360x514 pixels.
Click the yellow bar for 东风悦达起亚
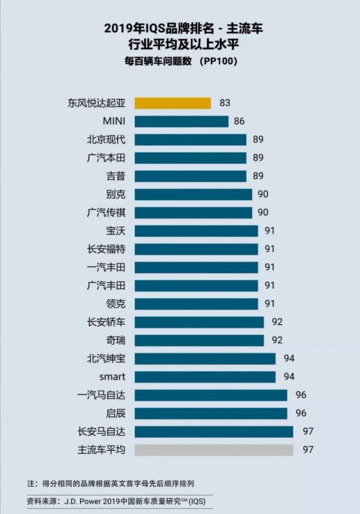(172, 103)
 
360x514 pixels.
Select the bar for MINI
(181, 121)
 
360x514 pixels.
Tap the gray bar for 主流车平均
(213, 449)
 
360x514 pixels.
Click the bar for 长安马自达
(213, 431)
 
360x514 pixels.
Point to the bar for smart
(205, 377)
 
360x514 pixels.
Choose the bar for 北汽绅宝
(205, 359)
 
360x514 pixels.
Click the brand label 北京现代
(107, 139)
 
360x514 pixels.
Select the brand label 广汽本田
(107, 157)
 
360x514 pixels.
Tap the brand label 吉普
(116, 175)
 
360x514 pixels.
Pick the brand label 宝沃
(116, 231)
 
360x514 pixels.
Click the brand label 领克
(116, 303)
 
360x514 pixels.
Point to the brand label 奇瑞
(116, 340)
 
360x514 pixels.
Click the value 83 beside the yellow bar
(224, 103)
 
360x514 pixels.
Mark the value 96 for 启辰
(301, 413)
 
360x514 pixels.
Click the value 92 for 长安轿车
(277, 322)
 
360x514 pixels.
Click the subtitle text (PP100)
(222, 62)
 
